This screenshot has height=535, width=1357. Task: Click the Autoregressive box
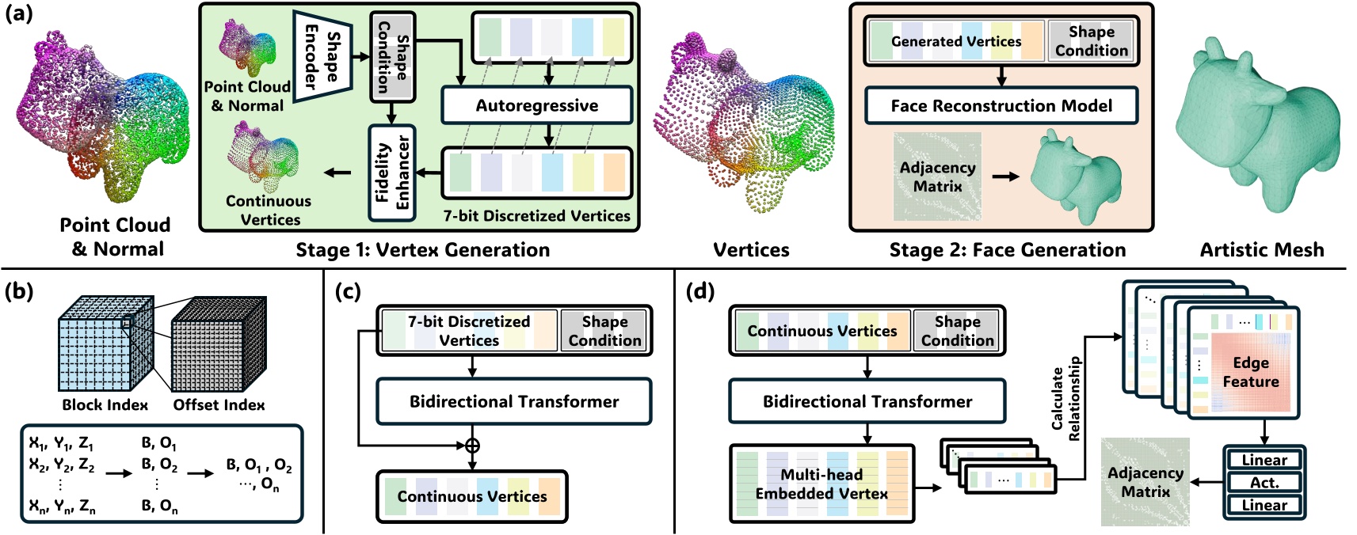(536, 105)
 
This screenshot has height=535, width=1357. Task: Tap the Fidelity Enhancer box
(392, 172)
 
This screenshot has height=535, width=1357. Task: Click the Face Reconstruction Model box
(1001, 105)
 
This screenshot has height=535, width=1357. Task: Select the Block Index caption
(105, 404)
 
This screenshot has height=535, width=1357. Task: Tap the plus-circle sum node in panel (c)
(472, 446)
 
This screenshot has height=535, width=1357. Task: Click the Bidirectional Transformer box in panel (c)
(513, 401)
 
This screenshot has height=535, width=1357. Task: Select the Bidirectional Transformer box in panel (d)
(867, 401)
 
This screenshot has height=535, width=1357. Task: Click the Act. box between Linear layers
(1264, 482)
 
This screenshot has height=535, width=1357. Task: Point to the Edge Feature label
(1250, 372)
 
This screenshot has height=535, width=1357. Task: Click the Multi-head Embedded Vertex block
(821, 484)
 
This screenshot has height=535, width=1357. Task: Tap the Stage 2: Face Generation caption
(1007, 250)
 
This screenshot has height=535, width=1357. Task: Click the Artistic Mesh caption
(1261, 250)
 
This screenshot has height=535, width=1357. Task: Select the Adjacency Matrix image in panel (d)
(1145, 481)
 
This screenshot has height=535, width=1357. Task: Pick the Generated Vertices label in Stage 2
(955, 41)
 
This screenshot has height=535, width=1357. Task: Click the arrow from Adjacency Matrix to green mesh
(1005, 176)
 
